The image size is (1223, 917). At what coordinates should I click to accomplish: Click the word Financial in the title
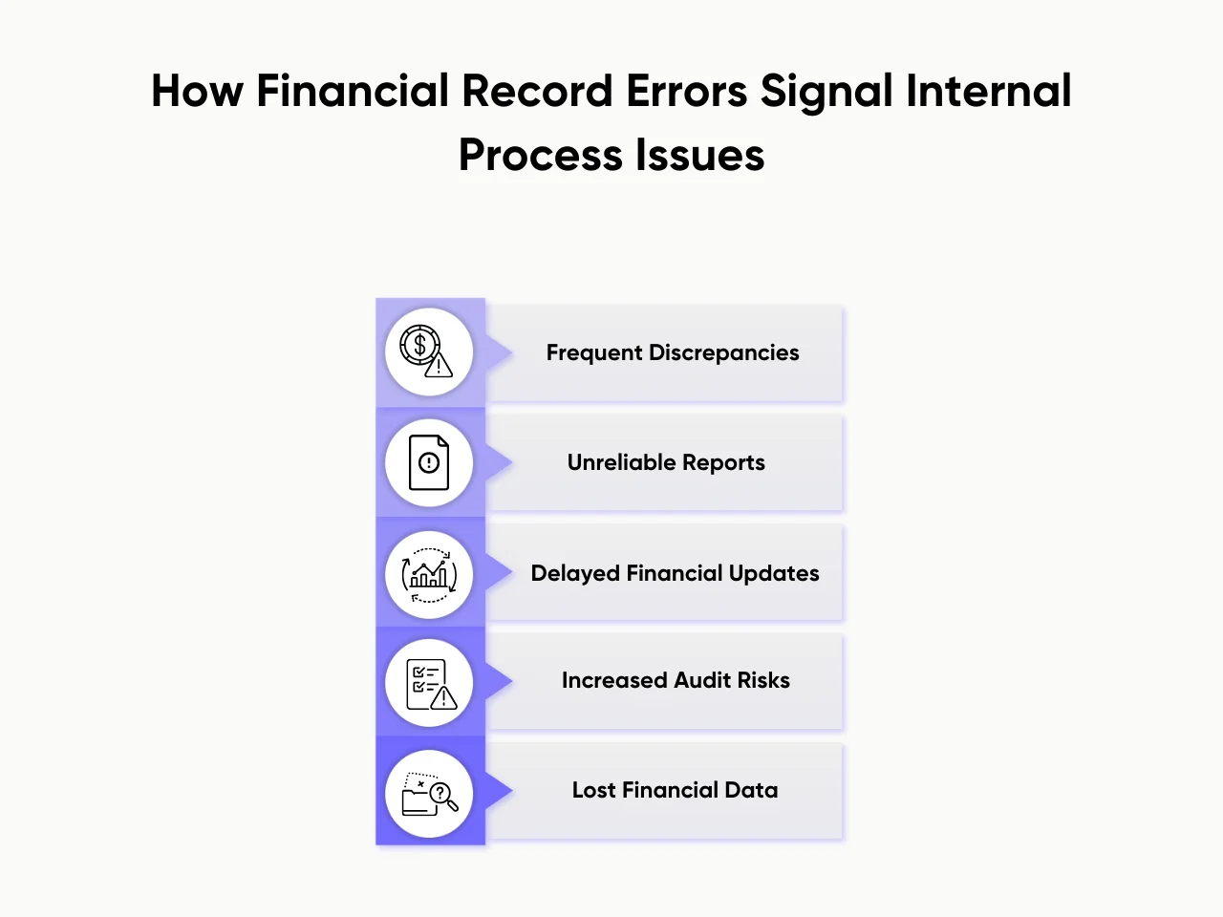point(353,92)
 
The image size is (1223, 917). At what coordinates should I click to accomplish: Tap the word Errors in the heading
point(687,92)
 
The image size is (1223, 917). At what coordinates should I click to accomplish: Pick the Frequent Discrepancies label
point(673,353)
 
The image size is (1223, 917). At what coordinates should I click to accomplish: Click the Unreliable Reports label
point(666,463)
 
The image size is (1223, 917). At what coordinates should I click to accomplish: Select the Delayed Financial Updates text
point(675,573)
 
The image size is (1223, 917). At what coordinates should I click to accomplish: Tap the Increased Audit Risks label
point(676,680)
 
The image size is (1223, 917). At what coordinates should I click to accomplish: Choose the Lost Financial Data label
point(675,790)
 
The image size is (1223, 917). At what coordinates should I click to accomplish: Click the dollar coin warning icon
point(428,352)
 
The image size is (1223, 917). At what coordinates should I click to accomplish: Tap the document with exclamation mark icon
point(429,462)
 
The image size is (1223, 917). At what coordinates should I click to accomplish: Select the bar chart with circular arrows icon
point(429,574)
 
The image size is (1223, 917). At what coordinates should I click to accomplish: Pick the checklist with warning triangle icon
point(429,684)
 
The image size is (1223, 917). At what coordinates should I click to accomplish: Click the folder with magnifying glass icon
point(429,794)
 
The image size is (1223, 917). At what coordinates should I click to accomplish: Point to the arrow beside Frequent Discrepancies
point(499,352)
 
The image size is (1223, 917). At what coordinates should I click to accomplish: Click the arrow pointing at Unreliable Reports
point(499,463)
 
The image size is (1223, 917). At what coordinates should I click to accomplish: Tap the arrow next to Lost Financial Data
point(499,790)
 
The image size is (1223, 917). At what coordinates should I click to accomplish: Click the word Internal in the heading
point(989,92)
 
